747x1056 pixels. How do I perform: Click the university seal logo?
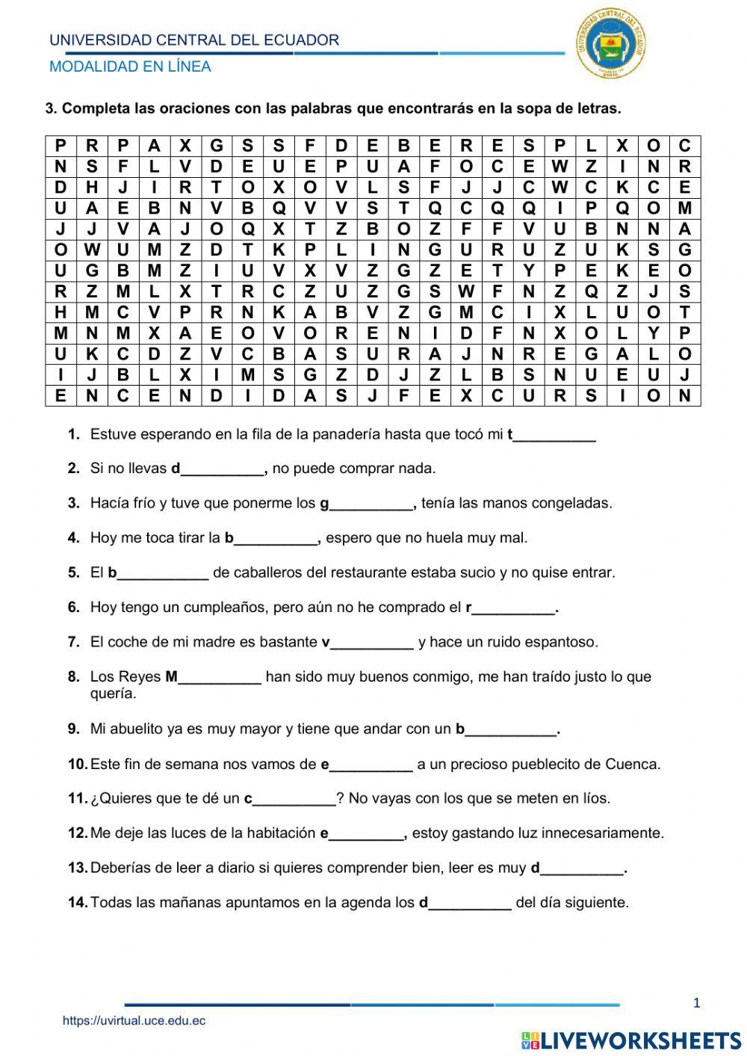point(612,44)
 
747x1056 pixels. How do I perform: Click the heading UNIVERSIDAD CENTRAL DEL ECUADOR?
point(194,40)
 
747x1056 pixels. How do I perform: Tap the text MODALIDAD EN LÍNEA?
point(130,67)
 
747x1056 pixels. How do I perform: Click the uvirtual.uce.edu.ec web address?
point(134,1021)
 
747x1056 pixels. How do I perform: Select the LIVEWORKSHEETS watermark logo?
point(631,1040)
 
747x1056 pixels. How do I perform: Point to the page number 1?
point(696,1003)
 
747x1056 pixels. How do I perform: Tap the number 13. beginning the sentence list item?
point(78,868)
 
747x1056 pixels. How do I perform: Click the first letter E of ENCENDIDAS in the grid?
point(61,395)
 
